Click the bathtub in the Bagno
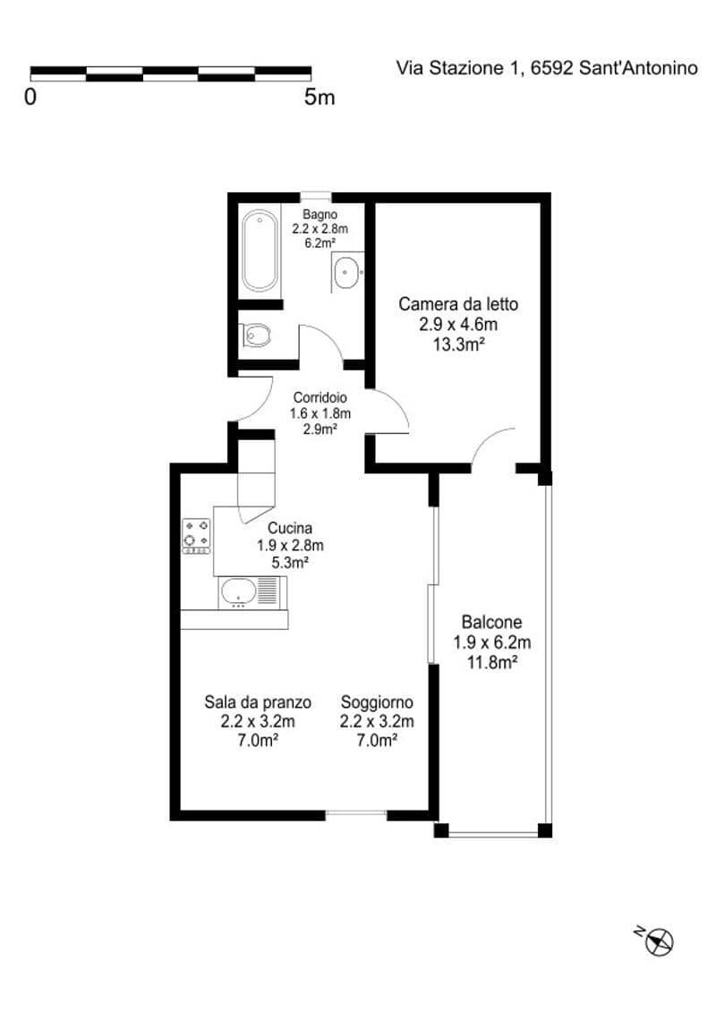(260, 251)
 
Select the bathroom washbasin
(347, 272)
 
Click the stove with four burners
(197, 536)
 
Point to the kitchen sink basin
(238, 592)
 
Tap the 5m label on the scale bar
(320, 98)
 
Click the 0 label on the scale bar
(30, 98)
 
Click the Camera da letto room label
(458, 303)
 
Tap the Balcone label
(491, 622)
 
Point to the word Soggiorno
(377, 701)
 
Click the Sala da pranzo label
(258, 701)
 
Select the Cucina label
(290, 528)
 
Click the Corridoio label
(320, 398)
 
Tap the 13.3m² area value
(458, 344)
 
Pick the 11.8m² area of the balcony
(492, 662)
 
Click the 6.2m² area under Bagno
(320, 243)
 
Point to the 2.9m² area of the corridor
(320, 429)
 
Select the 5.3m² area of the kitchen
(290, 562)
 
